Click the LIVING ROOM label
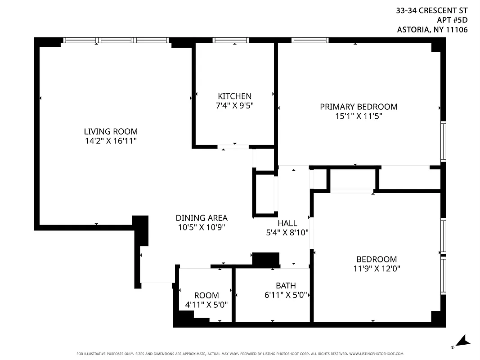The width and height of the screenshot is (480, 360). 111,131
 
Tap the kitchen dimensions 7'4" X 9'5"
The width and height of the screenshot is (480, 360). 234,106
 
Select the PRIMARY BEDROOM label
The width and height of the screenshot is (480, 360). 359,107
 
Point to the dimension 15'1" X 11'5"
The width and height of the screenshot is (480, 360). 359,116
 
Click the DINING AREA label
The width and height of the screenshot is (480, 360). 201,218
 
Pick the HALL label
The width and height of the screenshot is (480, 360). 287,223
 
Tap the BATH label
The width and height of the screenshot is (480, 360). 286,285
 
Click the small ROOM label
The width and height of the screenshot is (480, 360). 206,295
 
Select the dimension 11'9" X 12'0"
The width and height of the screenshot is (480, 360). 377,269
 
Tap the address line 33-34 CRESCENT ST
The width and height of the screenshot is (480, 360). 432,10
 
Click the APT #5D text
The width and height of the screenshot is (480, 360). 452,20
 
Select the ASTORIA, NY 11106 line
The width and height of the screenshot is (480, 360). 432,30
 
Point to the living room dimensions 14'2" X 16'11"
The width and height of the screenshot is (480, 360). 111,141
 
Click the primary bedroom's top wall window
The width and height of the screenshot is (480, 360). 310,40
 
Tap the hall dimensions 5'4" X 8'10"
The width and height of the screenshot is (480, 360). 287,233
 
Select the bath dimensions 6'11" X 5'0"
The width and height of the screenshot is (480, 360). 286,295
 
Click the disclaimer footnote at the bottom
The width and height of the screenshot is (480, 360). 240,354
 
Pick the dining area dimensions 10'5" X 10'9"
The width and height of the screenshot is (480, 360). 201,227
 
